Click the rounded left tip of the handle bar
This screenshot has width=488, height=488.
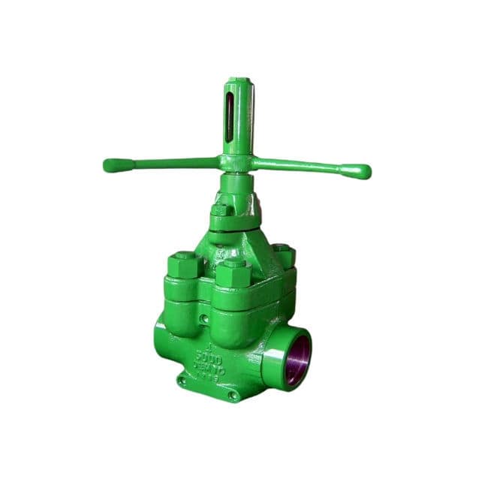tap(110, 165)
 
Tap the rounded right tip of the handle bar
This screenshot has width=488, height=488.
tap(363, 172)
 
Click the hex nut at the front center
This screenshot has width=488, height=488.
tap(233, 274)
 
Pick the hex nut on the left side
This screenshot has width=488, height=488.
tap(182, 265)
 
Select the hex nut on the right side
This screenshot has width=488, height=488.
tap(283, 253)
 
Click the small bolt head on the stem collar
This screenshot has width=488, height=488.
tap(220, 209)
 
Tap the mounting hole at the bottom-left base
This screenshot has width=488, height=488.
tap(181, 381)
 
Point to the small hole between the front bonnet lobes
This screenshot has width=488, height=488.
tap(203, 319)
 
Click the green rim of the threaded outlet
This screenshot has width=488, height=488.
tap(287, 367)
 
